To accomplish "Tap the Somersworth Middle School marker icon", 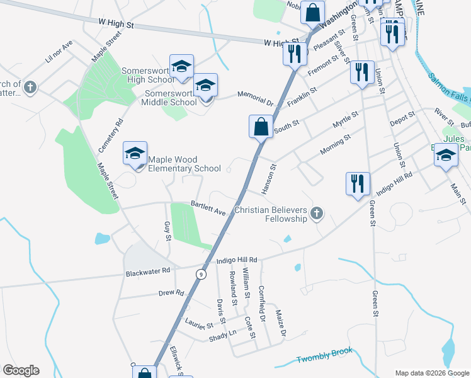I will [205, 85].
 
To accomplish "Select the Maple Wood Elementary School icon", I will [135, 153].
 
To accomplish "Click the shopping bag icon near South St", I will [261, 126].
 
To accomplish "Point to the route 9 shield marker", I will [201, 274].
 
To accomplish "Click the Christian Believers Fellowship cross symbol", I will [316, 214].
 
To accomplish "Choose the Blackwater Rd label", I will [148, 272].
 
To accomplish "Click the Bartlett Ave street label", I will [208, 209].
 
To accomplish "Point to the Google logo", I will [21, 370].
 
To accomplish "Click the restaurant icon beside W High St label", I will [295, 54].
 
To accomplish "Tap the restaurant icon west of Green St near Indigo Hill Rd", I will [358, 183].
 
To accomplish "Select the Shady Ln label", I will [223, 336].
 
